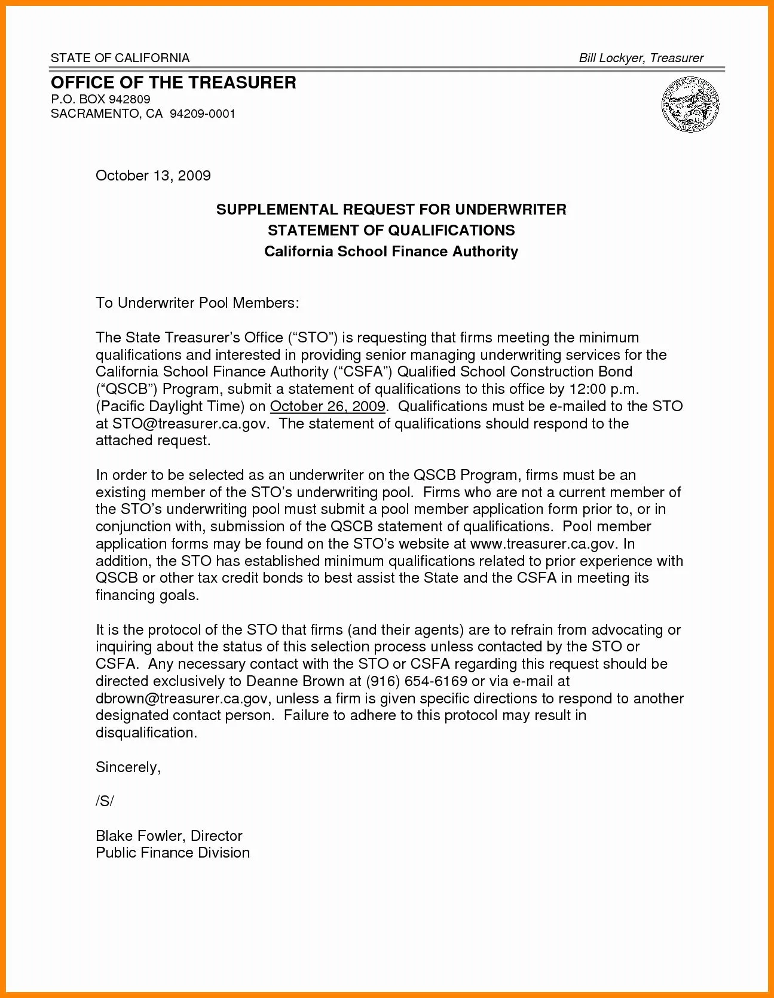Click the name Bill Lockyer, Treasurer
641,58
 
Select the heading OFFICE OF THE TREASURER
173,82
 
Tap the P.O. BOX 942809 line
100,99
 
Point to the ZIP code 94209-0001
203,114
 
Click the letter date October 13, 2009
153,175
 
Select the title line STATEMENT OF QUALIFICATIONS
391,230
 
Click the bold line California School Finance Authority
391,251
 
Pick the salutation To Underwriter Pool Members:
197,302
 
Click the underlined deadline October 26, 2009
327,406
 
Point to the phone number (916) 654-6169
416,681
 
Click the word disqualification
146,733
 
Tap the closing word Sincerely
128,767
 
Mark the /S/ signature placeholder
105,801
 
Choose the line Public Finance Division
173,852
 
